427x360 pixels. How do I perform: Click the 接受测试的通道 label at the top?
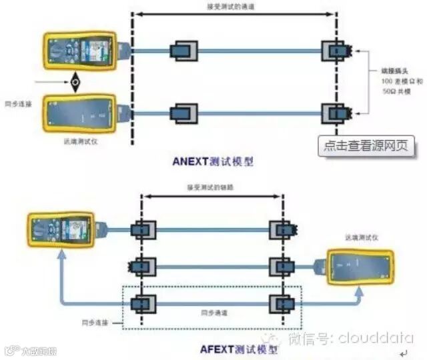[x=230, y=7]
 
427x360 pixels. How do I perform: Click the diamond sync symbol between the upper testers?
[x=75, y=83]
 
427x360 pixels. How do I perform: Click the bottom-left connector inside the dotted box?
[x=142, y=303]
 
